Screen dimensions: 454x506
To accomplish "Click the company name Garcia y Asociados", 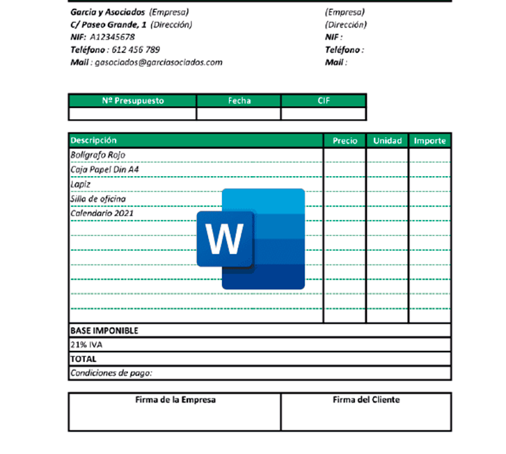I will pos(108,12).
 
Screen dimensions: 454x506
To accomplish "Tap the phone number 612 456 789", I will pos(136,49).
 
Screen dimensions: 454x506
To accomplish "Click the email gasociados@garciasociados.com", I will pos(158,62).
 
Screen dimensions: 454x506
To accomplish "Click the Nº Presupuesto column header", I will pos(133,100).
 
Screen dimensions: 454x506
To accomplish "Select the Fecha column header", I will pos(239,100).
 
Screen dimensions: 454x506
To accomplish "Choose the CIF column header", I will pos(324,100).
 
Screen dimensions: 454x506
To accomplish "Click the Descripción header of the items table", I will pos(94,141).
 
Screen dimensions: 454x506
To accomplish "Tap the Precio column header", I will pos(345,141).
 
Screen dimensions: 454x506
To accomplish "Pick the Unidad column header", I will pos(388,141).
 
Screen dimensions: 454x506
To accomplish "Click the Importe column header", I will pos(430,141).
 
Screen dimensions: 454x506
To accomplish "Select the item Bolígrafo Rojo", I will pos(98,155).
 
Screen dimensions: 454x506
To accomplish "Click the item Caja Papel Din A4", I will pos(104,169).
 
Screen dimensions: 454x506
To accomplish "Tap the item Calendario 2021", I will pos(102,214).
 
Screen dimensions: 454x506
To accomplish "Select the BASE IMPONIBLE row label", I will pos(104,330).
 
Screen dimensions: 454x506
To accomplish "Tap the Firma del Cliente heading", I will pos(366,400).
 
